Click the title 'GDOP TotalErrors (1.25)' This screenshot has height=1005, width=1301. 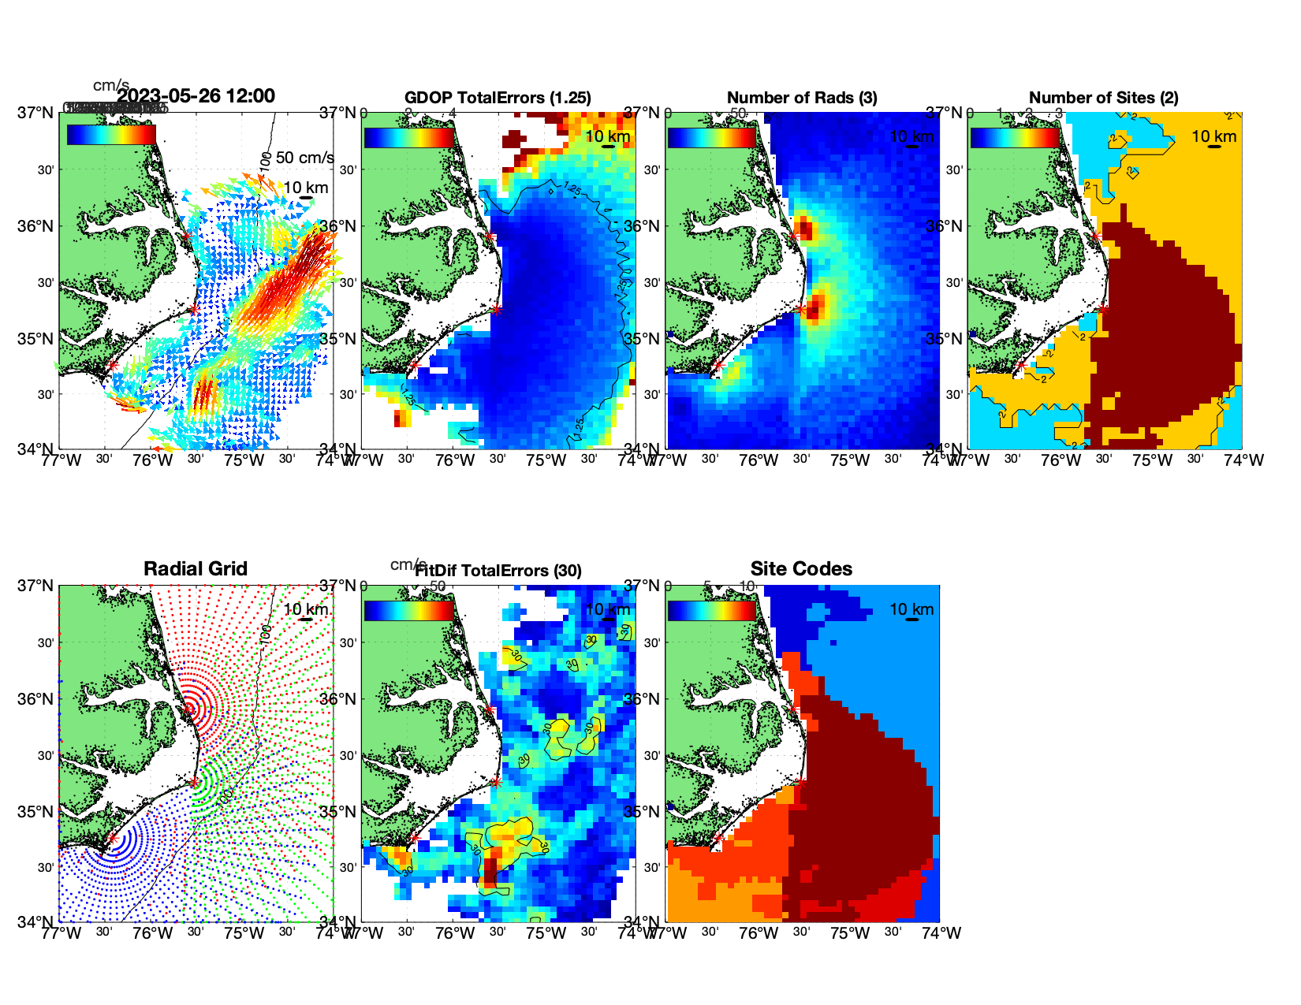pos(498,98)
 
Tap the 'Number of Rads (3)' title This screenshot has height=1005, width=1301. pos(802,98)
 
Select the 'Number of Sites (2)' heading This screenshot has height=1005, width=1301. pos(1103,98)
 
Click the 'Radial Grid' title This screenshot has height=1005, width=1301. pos(196,569)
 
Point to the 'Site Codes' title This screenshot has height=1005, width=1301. pos(801,569)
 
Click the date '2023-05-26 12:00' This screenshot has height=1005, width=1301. pos(196,96)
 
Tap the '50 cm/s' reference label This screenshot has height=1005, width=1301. pos(305,158)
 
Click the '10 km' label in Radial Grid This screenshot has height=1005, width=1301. pos(305,609)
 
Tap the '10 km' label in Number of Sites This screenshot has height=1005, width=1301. pos(1213,136)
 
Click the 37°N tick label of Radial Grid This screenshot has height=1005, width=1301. pos(35,586)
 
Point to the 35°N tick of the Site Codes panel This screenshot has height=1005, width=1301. pos(644,812)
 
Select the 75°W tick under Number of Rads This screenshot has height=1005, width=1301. pos(850,460)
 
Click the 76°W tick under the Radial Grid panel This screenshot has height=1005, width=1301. pos(152,933)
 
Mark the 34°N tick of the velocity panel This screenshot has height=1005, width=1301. pos(35,449)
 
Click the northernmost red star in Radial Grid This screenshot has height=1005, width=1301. pos(188,709)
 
